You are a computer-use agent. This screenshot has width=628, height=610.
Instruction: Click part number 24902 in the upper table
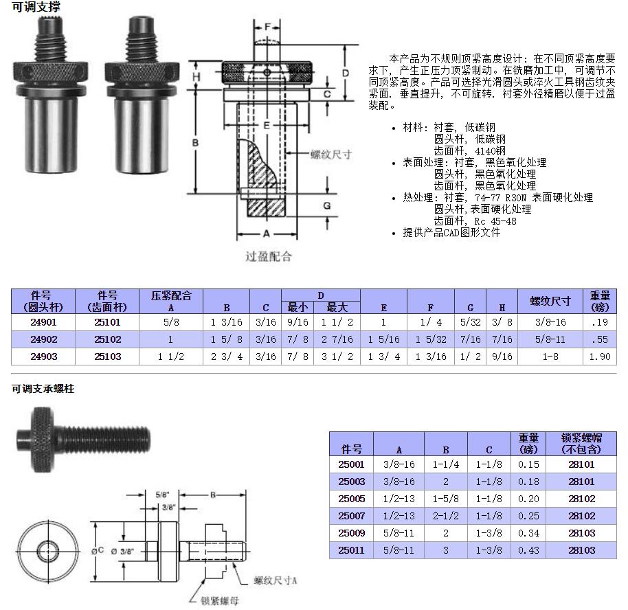(x=43, y=339)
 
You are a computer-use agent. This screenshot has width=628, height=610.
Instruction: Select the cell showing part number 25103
(x=107, y=357)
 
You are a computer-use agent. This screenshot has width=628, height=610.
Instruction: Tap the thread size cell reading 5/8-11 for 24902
(x=550, y=339)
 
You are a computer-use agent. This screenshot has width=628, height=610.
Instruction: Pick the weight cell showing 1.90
(x=600, y=357)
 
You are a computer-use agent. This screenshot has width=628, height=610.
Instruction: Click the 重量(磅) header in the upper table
(x=600, y=301)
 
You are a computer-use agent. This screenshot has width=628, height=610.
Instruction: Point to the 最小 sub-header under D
(x=298, y=307)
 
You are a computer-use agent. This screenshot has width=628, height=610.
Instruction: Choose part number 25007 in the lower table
(x=351, y=516)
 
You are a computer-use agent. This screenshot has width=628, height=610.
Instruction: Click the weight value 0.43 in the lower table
(x=528, y=550)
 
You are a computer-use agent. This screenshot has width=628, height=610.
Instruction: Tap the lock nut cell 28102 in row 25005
(x=581, y=499)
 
